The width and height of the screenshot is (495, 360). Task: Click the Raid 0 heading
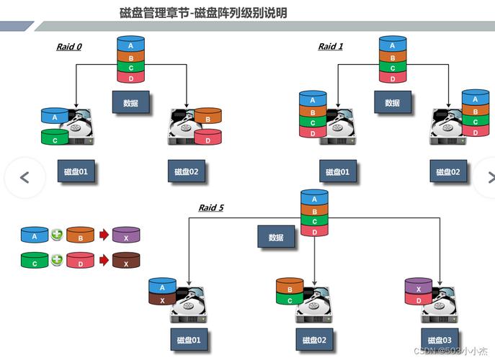69,47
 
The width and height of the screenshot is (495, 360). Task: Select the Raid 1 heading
331,47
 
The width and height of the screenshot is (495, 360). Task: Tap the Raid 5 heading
211,208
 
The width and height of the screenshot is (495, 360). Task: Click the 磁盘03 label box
437,339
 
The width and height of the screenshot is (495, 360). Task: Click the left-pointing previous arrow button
24,177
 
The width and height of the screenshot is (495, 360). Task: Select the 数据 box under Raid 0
130,103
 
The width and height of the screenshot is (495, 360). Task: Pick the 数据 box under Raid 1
392,103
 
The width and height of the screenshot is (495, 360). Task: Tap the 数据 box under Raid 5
276,238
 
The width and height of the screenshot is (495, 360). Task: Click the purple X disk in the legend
126,235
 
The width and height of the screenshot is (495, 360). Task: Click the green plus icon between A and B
57,235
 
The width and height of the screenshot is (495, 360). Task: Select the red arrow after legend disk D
103,261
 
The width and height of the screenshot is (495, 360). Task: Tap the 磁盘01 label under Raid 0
76,172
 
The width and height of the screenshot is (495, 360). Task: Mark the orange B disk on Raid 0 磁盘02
208,117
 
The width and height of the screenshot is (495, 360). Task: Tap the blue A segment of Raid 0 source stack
130,45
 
